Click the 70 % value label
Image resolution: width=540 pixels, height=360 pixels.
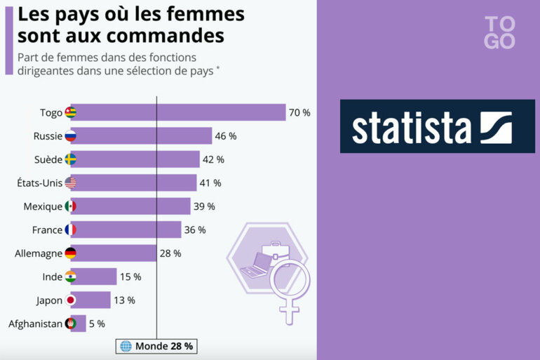(299, 112)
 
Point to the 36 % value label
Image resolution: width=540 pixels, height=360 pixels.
(195, 229)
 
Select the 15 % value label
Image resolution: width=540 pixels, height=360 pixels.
(130, 276)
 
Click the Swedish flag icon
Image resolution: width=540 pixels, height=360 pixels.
(70, 159)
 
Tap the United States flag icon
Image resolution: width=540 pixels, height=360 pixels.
(70, 182)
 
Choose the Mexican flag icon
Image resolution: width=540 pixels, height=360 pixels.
(70, 206)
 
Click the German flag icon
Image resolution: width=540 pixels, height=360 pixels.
(70, 253)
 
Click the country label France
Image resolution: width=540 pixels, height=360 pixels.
(47, 229)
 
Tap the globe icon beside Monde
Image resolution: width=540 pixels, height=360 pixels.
(126, 346)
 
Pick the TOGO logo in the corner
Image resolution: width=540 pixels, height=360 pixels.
(499, 32)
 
